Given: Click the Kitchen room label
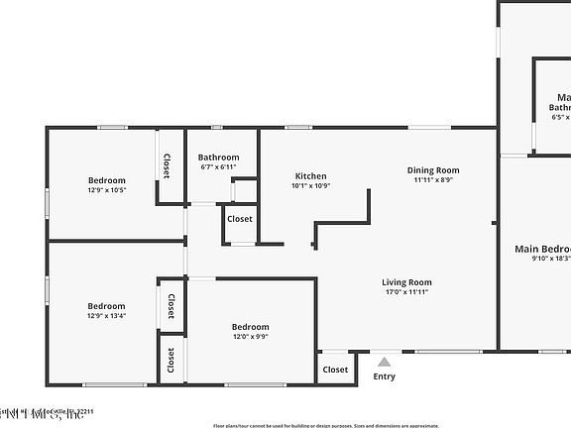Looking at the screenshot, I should pos(310,175).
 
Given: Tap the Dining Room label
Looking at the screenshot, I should pos(435,170).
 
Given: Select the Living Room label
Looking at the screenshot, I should pos(406,282).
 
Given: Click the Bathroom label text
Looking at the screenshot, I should pos(218,158).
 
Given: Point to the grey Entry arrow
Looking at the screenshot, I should pos(384,363).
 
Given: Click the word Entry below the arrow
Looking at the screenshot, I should pos(384,376).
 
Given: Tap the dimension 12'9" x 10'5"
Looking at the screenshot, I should pos(106,190).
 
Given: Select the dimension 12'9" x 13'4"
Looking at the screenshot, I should pos(106,316).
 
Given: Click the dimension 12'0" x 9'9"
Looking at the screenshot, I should pos(250,337).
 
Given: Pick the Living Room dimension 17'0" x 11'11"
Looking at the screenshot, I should pos(406,292).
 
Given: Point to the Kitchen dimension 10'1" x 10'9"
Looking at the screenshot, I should pos(310,186).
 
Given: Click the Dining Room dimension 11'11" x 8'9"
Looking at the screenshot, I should pos(435,180).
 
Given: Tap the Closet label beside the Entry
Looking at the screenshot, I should pos(335,370).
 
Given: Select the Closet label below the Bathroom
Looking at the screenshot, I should pos(240,219).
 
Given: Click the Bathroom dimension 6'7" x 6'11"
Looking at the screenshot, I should pos(218,167).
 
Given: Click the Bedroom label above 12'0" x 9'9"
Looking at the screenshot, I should pos(250,327).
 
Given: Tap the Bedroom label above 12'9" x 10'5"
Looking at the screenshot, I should pos(106,180).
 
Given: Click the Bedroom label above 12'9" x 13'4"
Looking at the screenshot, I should pos(106,306).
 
